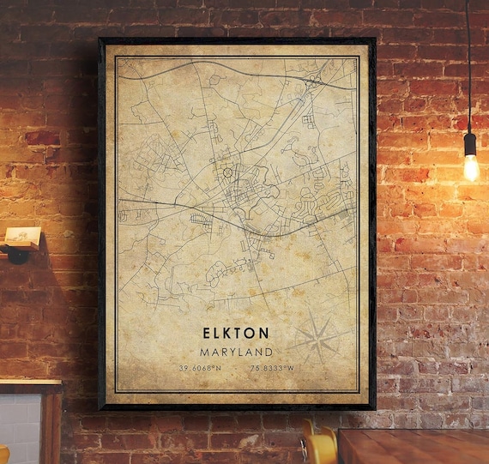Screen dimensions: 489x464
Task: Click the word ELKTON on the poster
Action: click(x=236, y=333)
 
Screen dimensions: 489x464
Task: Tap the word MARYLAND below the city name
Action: click(x=236, y=352)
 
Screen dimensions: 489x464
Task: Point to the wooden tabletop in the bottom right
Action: click(x=412, y=446)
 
